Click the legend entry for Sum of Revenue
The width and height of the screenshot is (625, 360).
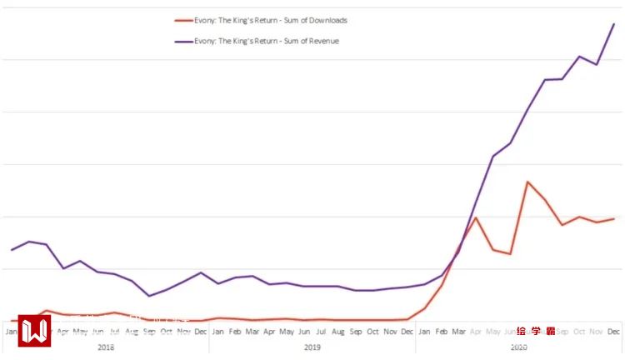tap(266, 40)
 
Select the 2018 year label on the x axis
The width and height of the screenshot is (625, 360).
tap(106, 346)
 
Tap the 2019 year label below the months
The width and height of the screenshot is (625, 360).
tap(312, 346)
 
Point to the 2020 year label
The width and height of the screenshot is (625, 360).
tap(518, 346)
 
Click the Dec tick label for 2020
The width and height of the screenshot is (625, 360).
tap(613, 331)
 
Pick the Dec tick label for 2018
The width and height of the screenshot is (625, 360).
tap(201, 331)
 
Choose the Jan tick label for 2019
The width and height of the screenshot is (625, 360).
tap(218, 331)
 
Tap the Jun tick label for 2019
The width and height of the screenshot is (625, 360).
tap(304, 331)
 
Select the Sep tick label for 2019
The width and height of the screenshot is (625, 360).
tap(356, 331)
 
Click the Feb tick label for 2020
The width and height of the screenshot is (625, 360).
tap(442, 331)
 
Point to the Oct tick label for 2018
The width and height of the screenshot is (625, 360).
tap(167, 331)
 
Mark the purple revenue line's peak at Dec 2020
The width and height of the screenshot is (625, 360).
tap(613, 24)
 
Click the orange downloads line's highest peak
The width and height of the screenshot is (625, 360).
tap(527, 182)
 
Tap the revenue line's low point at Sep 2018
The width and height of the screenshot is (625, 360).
tap(149, 296)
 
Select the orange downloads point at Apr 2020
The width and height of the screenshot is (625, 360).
tap(476, 217)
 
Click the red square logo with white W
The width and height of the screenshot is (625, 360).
tap(34, 331)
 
